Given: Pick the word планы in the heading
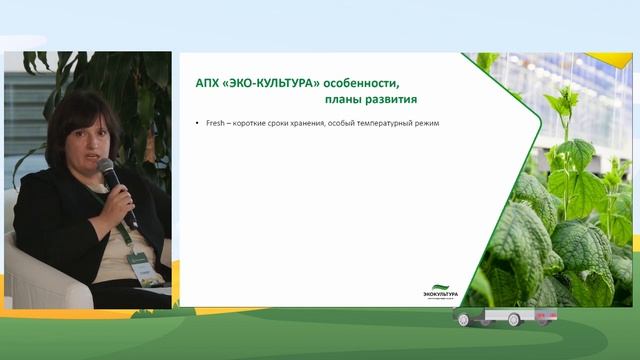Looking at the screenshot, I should click(347, 100).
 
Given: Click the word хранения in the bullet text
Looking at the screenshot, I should click(315, 123).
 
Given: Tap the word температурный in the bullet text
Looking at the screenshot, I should click(394, 123).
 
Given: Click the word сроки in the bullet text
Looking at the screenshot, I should click(282, 123).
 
